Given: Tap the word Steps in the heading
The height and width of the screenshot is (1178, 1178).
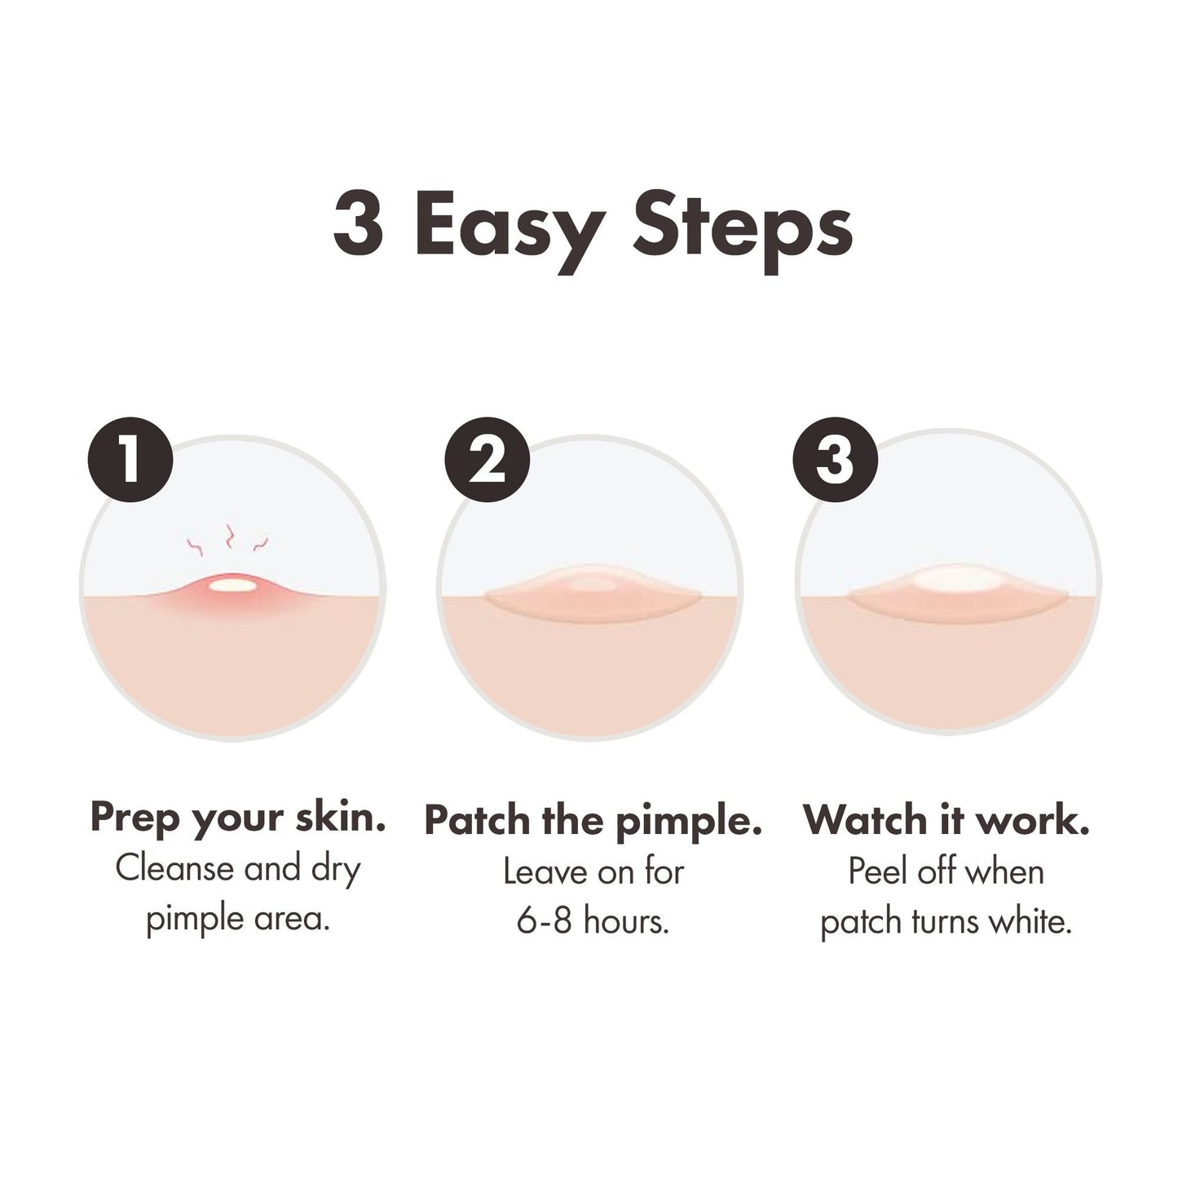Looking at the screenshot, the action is [742, 232].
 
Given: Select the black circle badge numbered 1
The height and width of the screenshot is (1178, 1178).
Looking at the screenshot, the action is [130, 459].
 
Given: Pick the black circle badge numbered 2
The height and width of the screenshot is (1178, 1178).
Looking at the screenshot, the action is [487, 459].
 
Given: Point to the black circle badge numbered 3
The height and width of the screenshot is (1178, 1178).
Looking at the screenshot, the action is [835, 459].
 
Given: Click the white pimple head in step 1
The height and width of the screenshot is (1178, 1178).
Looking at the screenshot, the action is [232, 585].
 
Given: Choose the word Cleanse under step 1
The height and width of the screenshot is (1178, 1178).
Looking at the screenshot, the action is [174, 868].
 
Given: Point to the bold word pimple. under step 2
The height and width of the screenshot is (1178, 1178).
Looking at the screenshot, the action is [688, 823].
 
